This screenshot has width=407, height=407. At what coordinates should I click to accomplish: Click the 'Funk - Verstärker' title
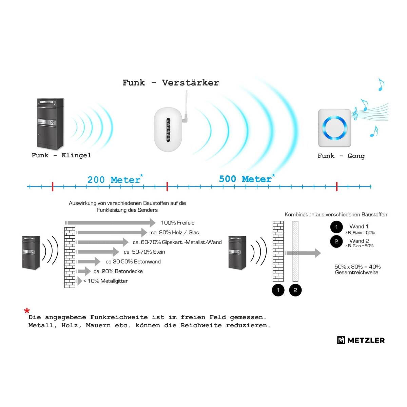(171, 82)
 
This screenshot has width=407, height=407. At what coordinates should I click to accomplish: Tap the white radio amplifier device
(168, 130)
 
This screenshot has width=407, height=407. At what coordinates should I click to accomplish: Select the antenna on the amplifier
(186, 106)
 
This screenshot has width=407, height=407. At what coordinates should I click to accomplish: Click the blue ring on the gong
(334, 128)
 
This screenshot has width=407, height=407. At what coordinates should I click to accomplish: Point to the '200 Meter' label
(114, 180)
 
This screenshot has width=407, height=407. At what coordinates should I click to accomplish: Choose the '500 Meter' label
(246, 179)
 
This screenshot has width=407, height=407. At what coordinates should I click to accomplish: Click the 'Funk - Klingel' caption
(61, 155)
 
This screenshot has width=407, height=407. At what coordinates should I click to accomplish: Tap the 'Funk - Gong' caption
(341, 156)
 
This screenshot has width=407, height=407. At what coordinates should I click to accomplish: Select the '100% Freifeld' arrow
(111, 222)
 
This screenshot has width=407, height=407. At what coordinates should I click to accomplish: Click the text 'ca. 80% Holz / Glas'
(175, 233)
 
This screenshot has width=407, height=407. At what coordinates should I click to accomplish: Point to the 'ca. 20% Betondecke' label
(118, 271)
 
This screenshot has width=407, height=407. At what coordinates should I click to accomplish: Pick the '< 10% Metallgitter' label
(105, 281)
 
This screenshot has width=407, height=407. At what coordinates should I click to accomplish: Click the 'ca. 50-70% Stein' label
(144, 252)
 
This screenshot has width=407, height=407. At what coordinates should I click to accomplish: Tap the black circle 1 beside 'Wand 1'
(336, 227)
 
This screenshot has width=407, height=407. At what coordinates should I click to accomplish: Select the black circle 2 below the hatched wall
(295, 290)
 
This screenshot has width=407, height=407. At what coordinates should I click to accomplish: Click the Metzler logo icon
(341, 340)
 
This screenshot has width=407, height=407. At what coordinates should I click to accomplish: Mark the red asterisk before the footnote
(27, 311)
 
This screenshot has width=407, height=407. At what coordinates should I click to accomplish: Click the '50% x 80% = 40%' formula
(357, 267)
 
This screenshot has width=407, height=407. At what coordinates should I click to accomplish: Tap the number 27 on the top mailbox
(52, 122)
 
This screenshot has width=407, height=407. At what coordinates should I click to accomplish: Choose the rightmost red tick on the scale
(337, 187)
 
